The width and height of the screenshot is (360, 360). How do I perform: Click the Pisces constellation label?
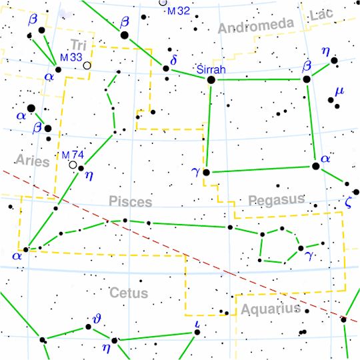pyautogui.click(x=129, y=202)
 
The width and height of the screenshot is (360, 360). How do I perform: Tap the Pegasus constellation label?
pyautogui.click(x=275, y=199)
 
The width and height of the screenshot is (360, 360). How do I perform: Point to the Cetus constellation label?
pyautogui.click(x=129, y=293)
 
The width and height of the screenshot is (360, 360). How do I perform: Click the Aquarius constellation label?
pyautogui.click(x=271, y=309)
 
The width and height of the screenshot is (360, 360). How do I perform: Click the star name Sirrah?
pyautogui.click(x=212, y=69)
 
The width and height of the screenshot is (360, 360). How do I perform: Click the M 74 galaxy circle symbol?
pyautogui.click(x=73, y=164)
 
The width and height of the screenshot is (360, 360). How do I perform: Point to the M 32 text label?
pyautogui.click(x=178, y=11)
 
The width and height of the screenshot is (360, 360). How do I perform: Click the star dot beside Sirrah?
pyautogui.click(x=211, y=80)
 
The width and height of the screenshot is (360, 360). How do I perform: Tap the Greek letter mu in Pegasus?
pyautogui.click(x=339, y=91)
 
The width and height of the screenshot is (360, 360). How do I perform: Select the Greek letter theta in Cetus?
pyautogui.click(x=97, y=321)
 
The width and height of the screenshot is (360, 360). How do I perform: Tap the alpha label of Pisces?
pyautogui.click(x=17, y=256)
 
